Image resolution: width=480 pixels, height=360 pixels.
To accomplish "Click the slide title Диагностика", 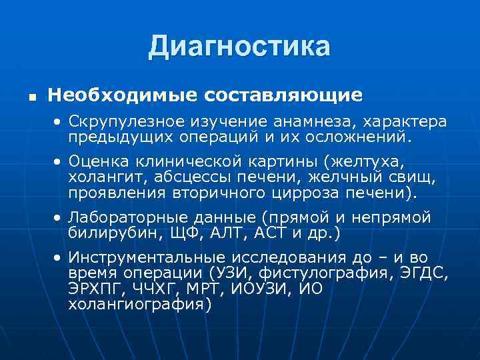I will coord(239,47).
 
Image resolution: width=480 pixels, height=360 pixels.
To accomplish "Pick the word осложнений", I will coord(355,139).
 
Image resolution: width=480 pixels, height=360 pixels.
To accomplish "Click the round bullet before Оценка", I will coord(59,162).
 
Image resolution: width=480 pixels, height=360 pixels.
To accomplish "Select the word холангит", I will coord(107,177).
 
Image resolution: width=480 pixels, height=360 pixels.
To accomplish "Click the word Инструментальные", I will coord(148,258).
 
